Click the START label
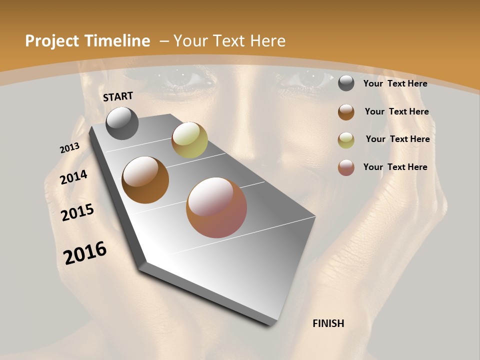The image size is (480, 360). pos(118,96)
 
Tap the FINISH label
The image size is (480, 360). pos(328,323)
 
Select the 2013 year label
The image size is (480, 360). pos(69,148)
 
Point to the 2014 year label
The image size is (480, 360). pos(74,177)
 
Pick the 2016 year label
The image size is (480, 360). pos(85,253)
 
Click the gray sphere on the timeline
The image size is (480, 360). pos(122,123)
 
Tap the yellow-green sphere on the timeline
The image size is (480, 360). pos(189,140)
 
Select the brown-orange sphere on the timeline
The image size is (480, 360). pos(145,180)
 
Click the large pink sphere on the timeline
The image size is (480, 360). pos(216,207)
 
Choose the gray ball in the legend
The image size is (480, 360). pos(346,83)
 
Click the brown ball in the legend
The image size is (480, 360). pos(346,112)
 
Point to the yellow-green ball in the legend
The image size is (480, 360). pos(346,140)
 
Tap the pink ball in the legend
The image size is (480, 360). pos(346,167)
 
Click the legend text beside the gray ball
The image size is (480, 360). pos(395,84)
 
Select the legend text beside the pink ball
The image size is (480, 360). pos(395,167)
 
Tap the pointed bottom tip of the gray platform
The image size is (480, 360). pos(270,324)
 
